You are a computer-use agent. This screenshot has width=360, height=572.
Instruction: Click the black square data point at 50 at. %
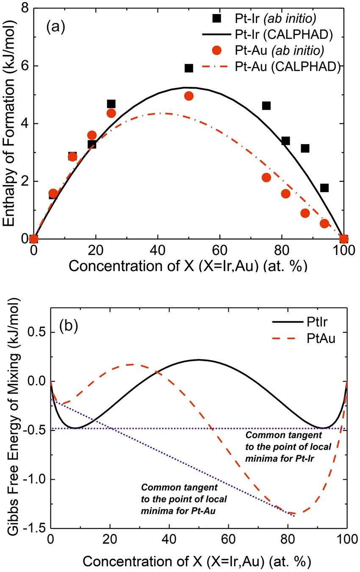[189, 68]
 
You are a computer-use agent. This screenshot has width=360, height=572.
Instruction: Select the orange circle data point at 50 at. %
[189, 96]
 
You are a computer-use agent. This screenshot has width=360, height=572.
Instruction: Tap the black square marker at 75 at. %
[266, 106]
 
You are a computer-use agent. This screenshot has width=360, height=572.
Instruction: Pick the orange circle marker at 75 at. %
[266, 178]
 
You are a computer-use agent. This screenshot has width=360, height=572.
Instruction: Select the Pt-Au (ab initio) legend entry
[278, 50]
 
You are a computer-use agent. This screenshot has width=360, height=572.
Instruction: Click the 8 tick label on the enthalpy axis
[25, 8]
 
